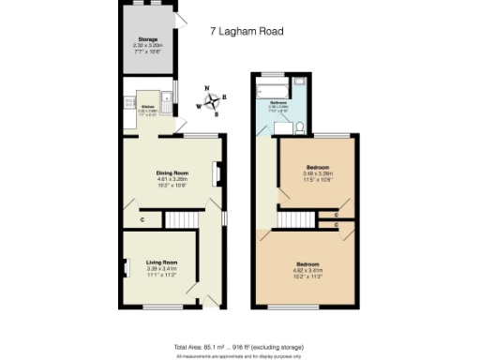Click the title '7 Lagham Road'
(247, 31)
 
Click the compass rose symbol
(213, 101)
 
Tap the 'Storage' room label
(148, 39)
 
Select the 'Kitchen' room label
(147, 107)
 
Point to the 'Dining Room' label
(172, 172)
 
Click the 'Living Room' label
(161, 262)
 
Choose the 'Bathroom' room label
(278, 101)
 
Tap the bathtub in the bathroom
(276, 89)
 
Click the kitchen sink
(167, 106)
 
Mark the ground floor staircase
(182, 219)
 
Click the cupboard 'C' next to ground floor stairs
(142, 220)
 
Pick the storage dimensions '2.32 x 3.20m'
(148, 45)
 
